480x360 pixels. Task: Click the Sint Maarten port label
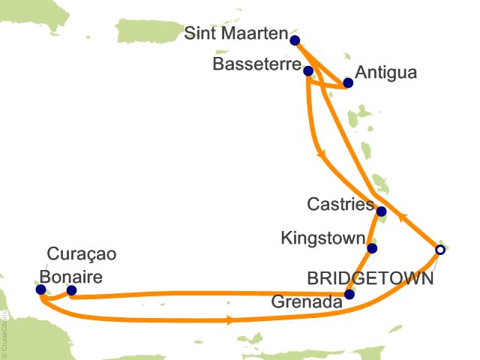(236, 34)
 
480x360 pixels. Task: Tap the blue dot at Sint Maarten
(295, 40)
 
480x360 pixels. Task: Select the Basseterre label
(256, 65)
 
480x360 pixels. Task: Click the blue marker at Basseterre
(308, 70)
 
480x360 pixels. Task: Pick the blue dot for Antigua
(347, 83)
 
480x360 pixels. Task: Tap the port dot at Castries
(381, 211)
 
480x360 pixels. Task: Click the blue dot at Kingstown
(372, 248)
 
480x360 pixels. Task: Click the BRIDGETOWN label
(370, 279)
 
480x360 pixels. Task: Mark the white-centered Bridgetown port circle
(440, 250)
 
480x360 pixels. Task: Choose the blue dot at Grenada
(349, 295)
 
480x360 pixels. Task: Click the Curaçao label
(82, 254)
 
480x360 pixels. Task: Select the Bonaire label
(70, 276)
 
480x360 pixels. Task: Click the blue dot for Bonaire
(71, 290)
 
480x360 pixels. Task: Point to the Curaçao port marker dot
(40, 289)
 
